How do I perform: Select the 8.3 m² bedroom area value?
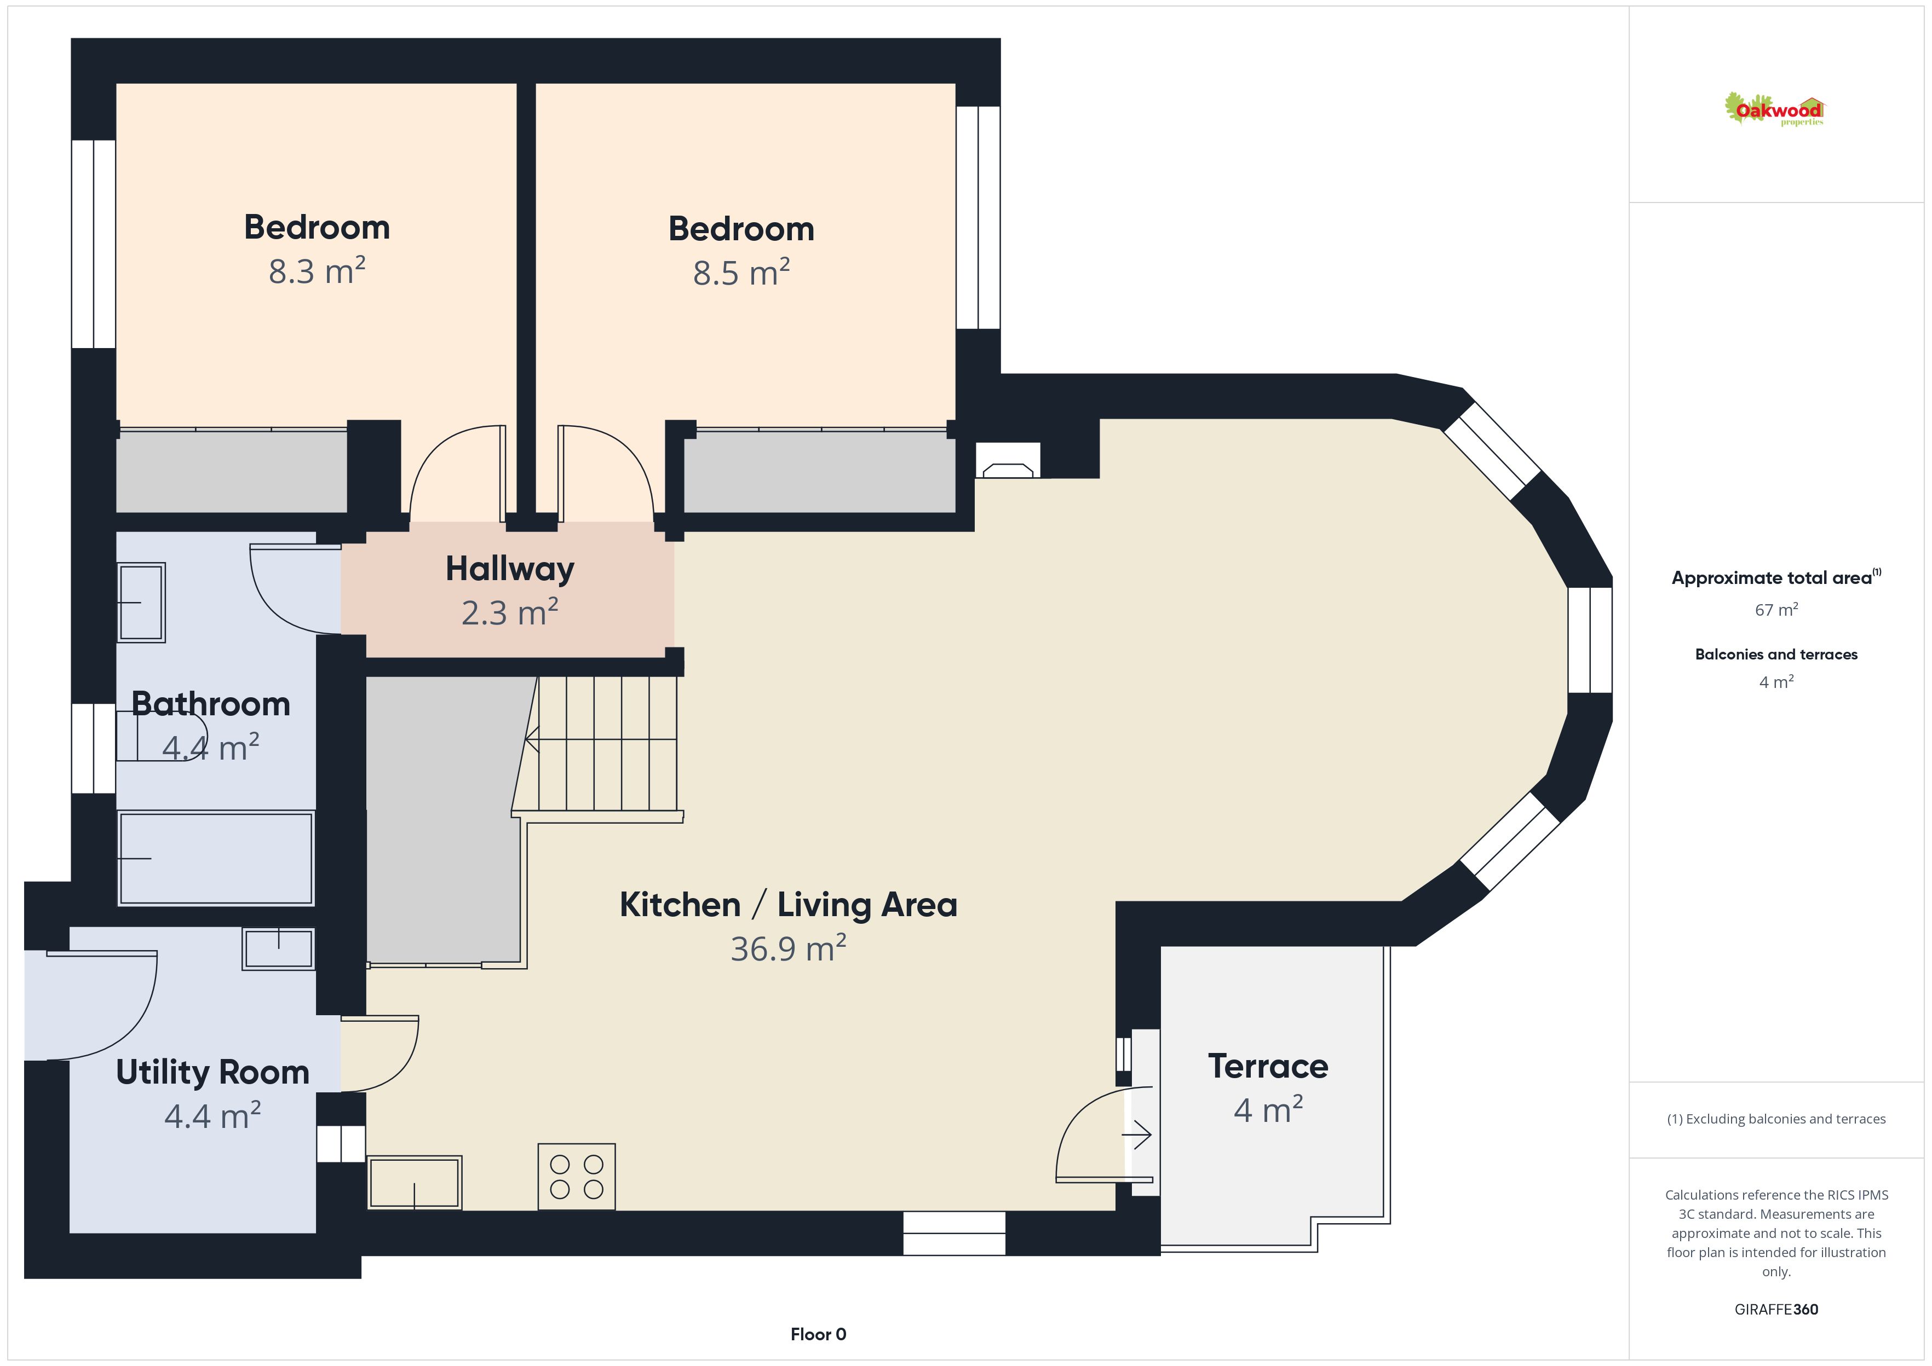coord(317,271)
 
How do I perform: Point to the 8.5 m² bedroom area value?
coord(741,274)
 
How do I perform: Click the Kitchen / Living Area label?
coord(789,905)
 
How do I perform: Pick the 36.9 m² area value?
coord(789,949)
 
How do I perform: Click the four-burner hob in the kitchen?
coord(577,1177)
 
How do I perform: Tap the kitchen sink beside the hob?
coord(415,1183)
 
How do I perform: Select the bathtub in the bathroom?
coord(216,858)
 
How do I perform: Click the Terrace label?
coord(1268,1067)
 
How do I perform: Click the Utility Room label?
coord(213,1073)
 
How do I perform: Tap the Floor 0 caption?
coord(818,1334)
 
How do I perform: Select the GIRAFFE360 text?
coord(1776,1309)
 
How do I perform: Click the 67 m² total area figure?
coord(1776,610)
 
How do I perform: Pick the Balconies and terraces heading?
coord(1776,655)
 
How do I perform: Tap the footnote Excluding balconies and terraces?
coord(1776,1119)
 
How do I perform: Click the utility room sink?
coord(279,949)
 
